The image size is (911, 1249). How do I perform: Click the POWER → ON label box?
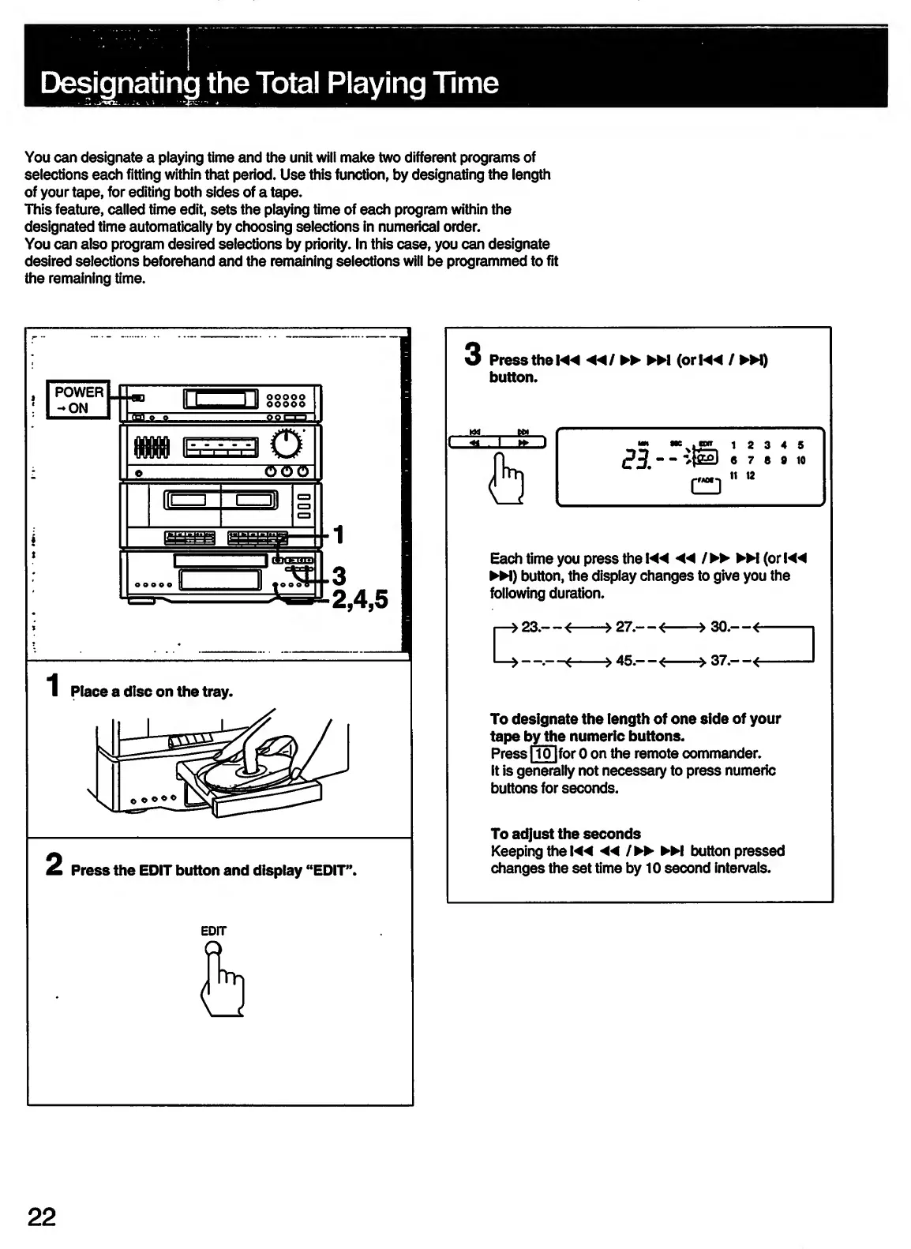pos(78,400)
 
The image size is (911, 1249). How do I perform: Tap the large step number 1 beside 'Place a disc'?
pos(53,685)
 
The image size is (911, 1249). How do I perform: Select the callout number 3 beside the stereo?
pos(339,575)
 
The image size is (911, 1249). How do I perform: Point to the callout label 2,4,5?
pos(360,600)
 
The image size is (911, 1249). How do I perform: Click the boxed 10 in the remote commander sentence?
pos(544,753)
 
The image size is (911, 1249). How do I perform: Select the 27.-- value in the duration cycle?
pos(633,628)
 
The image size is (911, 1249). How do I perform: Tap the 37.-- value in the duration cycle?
pos(728,661)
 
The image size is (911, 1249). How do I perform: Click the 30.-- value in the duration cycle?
pos(728,628)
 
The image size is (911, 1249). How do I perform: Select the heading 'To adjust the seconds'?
pos(565,834)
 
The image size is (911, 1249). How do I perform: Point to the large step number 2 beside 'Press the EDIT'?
pos(54,866)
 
